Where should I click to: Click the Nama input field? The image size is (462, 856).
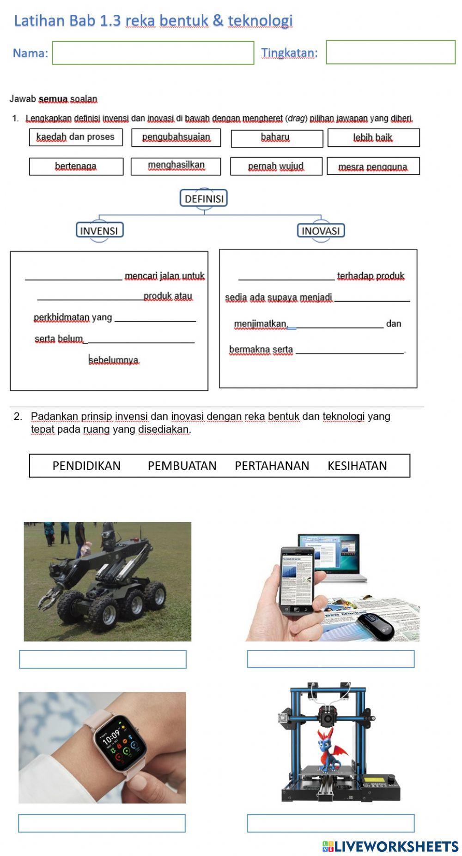[153, 53]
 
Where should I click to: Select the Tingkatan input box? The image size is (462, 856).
[390, 52]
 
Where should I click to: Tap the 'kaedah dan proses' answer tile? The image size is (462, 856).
[76, 138]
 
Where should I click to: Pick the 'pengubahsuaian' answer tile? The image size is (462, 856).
[176, 138]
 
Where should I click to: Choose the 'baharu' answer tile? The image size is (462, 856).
[276, 138]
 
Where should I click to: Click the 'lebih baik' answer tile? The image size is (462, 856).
[373, 138]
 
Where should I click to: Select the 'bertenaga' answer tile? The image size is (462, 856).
[76, 167]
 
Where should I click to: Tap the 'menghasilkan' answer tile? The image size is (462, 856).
[176, 166]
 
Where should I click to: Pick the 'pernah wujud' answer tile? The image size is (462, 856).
[276, 167]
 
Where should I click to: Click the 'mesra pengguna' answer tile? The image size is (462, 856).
[373, 167]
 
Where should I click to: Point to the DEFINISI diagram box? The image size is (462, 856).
[204, 199]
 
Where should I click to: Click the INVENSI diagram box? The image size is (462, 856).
[99, 231]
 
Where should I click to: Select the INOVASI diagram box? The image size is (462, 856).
[321, 231]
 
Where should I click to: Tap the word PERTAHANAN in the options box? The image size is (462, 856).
[272, 466]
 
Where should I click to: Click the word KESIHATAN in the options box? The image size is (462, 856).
[357, 466]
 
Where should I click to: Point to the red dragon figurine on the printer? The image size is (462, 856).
[330, 750]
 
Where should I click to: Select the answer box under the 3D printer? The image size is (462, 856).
[330, 823]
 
